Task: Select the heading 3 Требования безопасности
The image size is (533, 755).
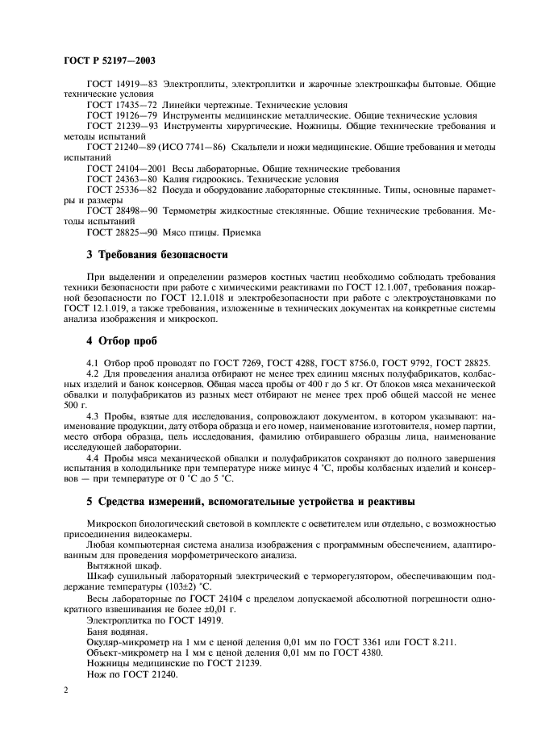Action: pyautogui.click(x=156, y=255)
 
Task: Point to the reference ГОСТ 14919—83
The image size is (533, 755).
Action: pyautogui.click(x=123, y=84)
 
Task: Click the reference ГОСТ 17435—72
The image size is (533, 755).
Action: pyautogui.click(x=123, y=105)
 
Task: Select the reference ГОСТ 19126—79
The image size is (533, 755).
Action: pyautogui.click(x=123, y=115)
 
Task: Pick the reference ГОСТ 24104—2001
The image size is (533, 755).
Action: pyautogui.click(x=127, y=169)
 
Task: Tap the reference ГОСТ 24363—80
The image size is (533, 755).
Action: pyautogui.click(x=123, y=179)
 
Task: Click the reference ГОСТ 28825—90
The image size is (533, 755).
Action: pyautogui.click(x=123, y=232)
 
